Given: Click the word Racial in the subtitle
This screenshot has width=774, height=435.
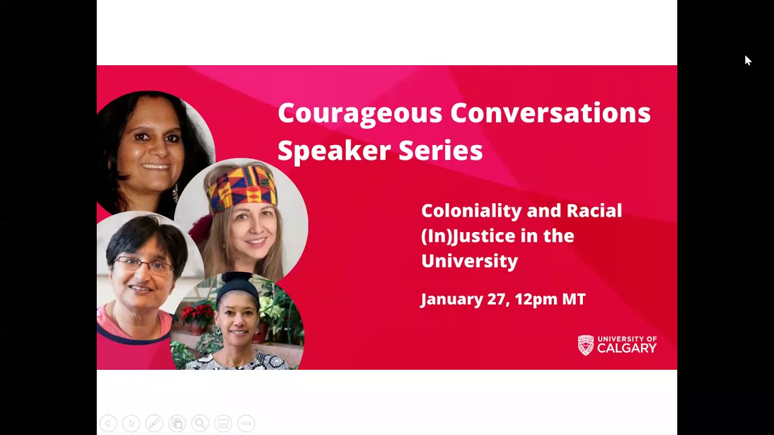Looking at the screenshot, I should point(594,211).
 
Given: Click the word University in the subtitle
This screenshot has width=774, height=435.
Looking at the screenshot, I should point(469,261).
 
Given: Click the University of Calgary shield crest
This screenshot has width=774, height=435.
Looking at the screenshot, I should point(585,345).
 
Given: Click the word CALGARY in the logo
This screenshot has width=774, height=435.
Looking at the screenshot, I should point(626,349).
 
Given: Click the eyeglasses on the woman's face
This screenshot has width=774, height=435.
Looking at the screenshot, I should point(144,264).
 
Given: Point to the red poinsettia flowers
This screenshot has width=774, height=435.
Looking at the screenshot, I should point(197,314).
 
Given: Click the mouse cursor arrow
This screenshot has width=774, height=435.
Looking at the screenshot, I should point(747,60).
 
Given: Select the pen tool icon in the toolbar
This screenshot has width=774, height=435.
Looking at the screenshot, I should point(154,424).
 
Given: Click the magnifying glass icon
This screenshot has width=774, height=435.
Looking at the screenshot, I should point(200,424).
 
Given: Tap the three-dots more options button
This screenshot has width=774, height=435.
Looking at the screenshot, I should point(246,424).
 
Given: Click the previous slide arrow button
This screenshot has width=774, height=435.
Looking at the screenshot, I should point(108,424).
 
